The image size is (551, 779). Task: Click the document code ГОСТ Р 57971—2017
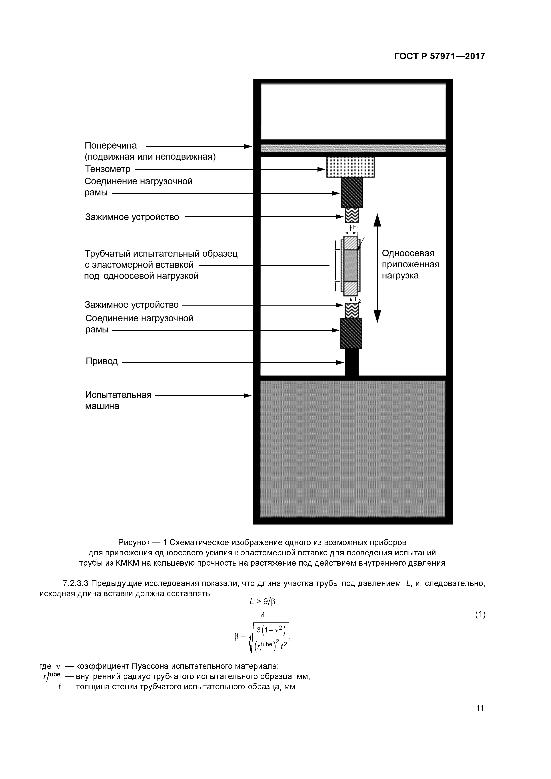(x=440, y=56)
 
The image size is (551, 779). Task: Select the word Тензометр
(x=108, y=169)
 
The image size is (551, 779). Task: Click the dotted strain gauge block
(x=350, y=167)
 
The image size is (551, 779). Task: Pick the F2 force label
(x=357, y=299)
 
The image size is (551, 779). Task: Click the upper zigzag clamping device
(x=351, y=215)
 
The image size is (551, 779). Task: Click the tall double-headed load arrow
(x=377, y=268)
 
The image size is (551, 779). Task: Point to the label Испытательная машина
(x=118, y=400)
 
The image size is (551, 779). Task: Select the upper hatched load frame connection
(x=352, y=192)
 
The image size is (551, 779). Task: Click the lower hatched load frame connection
(x=351, y=333)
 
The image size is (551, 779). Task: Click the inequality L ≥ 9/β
(x=262, y=602)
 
